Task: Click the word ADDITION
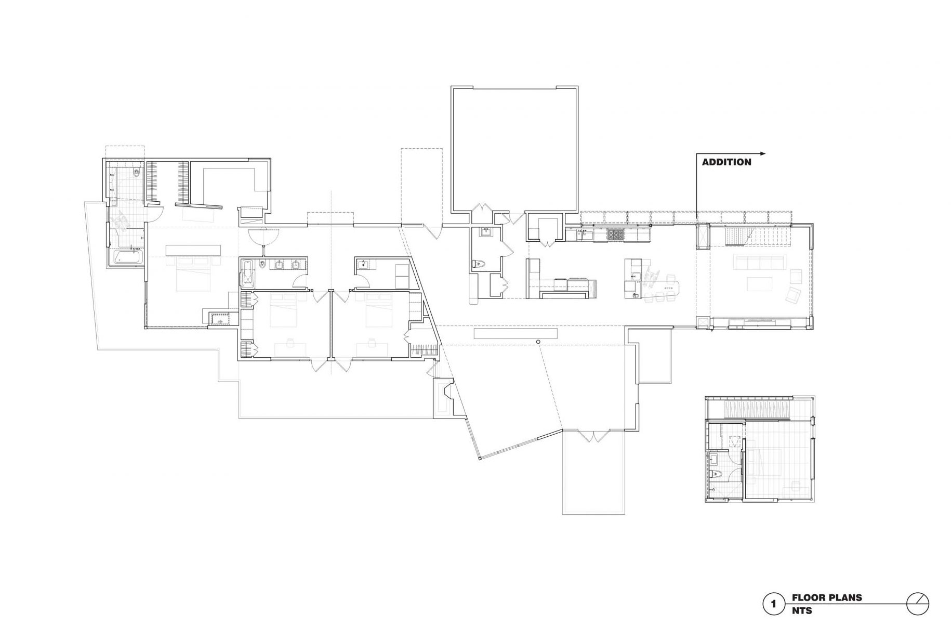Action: pyautogui.click(x=726, y=162)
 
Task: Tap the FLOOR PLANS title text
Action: pyautogui.click(x=826, y=597)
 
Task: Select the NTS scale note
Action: pyautogui.click(x=802, y=610)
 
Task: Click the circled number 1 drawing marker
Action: pyautogui.click(x=774, y=604)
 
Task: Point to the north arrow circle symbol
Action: pyautogui.click(x=918, y=604)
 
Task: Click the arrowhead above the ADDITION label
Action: pyautogui.click(x=762, y=153)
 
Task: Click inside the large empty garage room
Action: pyautogui.click(x=514, y=151)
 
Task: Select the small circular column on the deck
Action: pyautogui.click(x=538, y=342)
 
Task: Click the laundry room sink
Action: pyautogui.click(x=364, y=265)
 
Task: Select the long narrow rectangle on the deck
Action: pyautogui.click(x=516, y=333)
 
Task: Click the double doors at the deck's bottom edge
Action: pyautogui.click(x=593, y=436)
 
